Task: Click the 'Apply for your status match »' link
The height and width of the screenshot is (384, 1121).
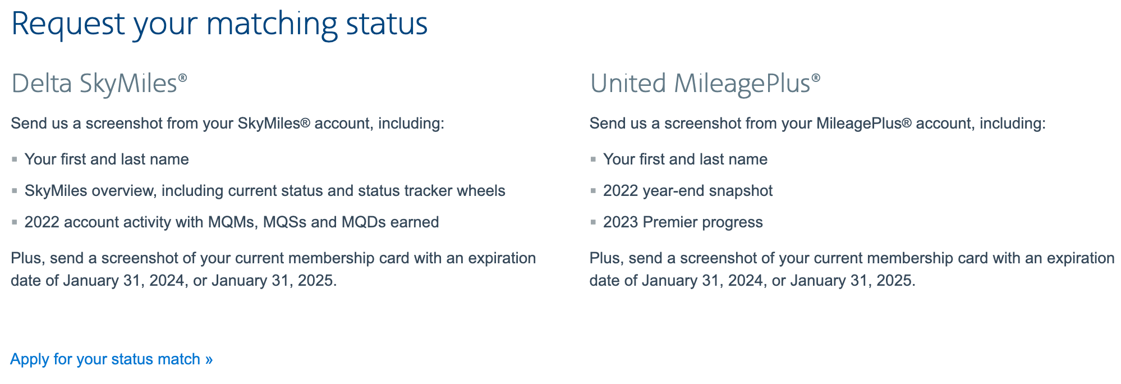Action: click(x=111, y=359)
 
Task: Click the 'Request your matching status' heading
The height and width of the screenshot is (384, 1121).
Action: click(x=219, y=24)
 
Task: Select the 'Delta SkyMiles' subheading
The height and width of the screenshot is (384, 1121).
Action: click(x=94, y=84)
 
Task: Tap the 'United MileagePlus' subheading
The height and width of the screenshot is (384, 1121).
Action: click(x=700, y=84)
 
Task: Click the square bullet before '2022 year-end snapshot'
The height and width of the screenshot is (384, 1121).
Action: click(x=593, y=191)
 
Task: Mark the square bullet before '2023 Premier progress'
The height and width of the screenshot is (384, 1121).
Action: click(x=593, y=222)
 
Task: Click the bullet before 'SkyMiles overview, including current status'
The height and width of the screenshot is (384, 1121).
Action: click(x=15, y=191)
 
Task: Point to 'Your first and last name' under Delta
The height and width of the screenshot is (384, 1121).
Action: click(x=107, y=159)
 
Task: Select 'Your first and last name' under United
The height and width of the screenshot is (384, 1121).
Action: click(x=685, y=159)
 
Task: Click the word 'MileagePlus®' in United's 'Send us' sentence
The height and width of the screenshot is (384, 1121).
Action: click(x=864, y=124)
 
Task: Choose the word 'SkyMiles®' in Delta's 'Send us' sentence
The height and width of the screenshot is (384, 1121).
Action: click(x=274, y=124)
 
